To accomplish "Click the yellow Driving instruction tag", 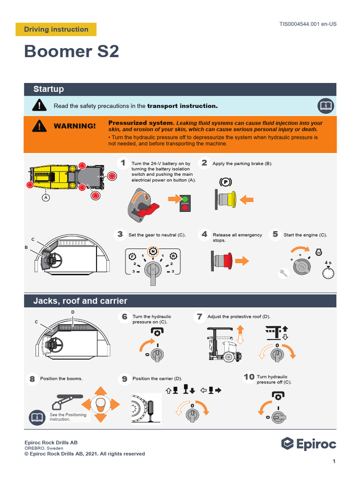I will coord(56,30).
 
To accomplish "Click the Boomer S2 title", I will coord(72,52).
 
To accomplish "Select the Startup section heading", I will coord(49,89).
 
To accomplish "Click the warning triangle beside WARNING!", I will coord(40,126).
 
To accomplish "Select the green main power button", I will coord(185,199).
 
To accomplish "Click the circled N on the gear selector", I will coord(152,252).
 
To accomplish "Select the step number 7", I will coord(199,317).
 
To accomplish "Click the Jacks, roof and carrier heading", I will coord(80,301).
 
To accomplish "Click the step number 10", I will coord(248,377).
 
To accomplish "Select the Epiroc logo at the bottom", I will coord(308,443).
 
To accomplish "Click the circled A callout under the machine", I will coord(46,198).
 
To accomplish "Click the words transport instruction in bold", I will coord(182,106).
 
